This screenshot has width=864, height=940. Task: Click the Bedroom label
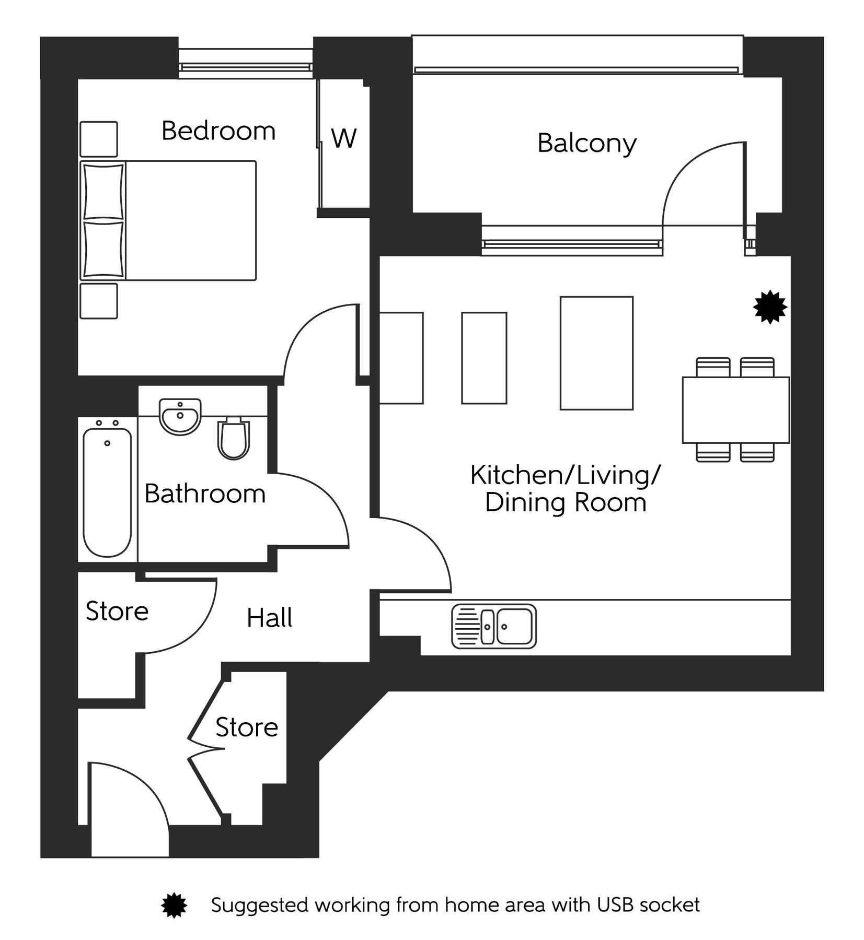pos(218,131)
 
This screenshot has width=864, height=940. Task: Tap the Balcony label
pos(586,143)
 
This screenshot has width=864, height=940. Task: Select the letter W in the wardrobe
pos(343,138)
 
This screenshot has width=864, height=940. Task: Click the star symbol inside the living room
pos(769,308)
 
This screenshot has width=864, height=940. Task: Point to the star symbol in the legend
pos(174,905)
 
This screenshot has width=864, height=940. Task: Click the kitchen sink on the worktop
pos(494,626)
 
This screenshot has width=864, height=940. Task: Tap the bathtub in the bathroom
pos(107,492)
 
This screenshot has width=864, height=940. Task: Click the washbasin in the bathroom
pos(180,416)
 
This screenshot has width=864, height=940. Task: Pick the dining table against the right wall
pos(735,410)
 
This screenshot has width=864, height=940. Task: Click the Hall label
pos(269,618)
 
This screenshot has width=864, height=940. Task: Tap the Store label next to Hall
pos(117,611)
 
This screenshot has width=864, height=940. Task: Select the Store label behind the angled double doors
pos(246,727)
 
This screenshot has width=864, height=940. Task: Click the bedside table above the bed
pos(98,139)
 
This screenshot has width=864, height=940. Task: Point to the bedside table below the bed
pos(98,301)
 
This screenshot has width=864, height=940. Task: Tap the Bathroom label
pos(205,494)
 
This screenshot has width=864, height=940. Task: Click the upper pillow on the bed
pos(103,191)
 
